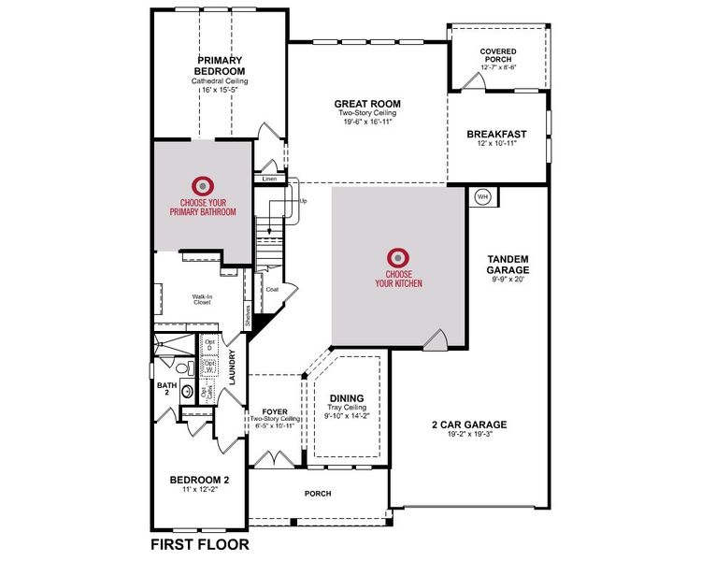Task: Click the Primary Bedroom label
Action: [220, 66]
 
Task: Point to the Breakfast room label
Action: [497, 134]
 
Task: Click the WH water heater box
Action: [483, 196]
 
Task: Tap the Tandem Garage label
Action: [509, 264]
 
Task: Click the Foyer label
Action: [274, 409]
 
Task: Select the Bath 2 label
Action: [166, 385]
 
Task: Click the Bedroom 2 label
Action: [199, 480]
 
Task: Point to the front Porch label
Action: [319, 493]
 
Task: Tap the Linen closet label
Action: [269, 179]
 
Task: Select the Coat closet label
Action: [272, 289]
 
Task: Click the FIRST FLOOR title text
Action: [199, 543]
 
